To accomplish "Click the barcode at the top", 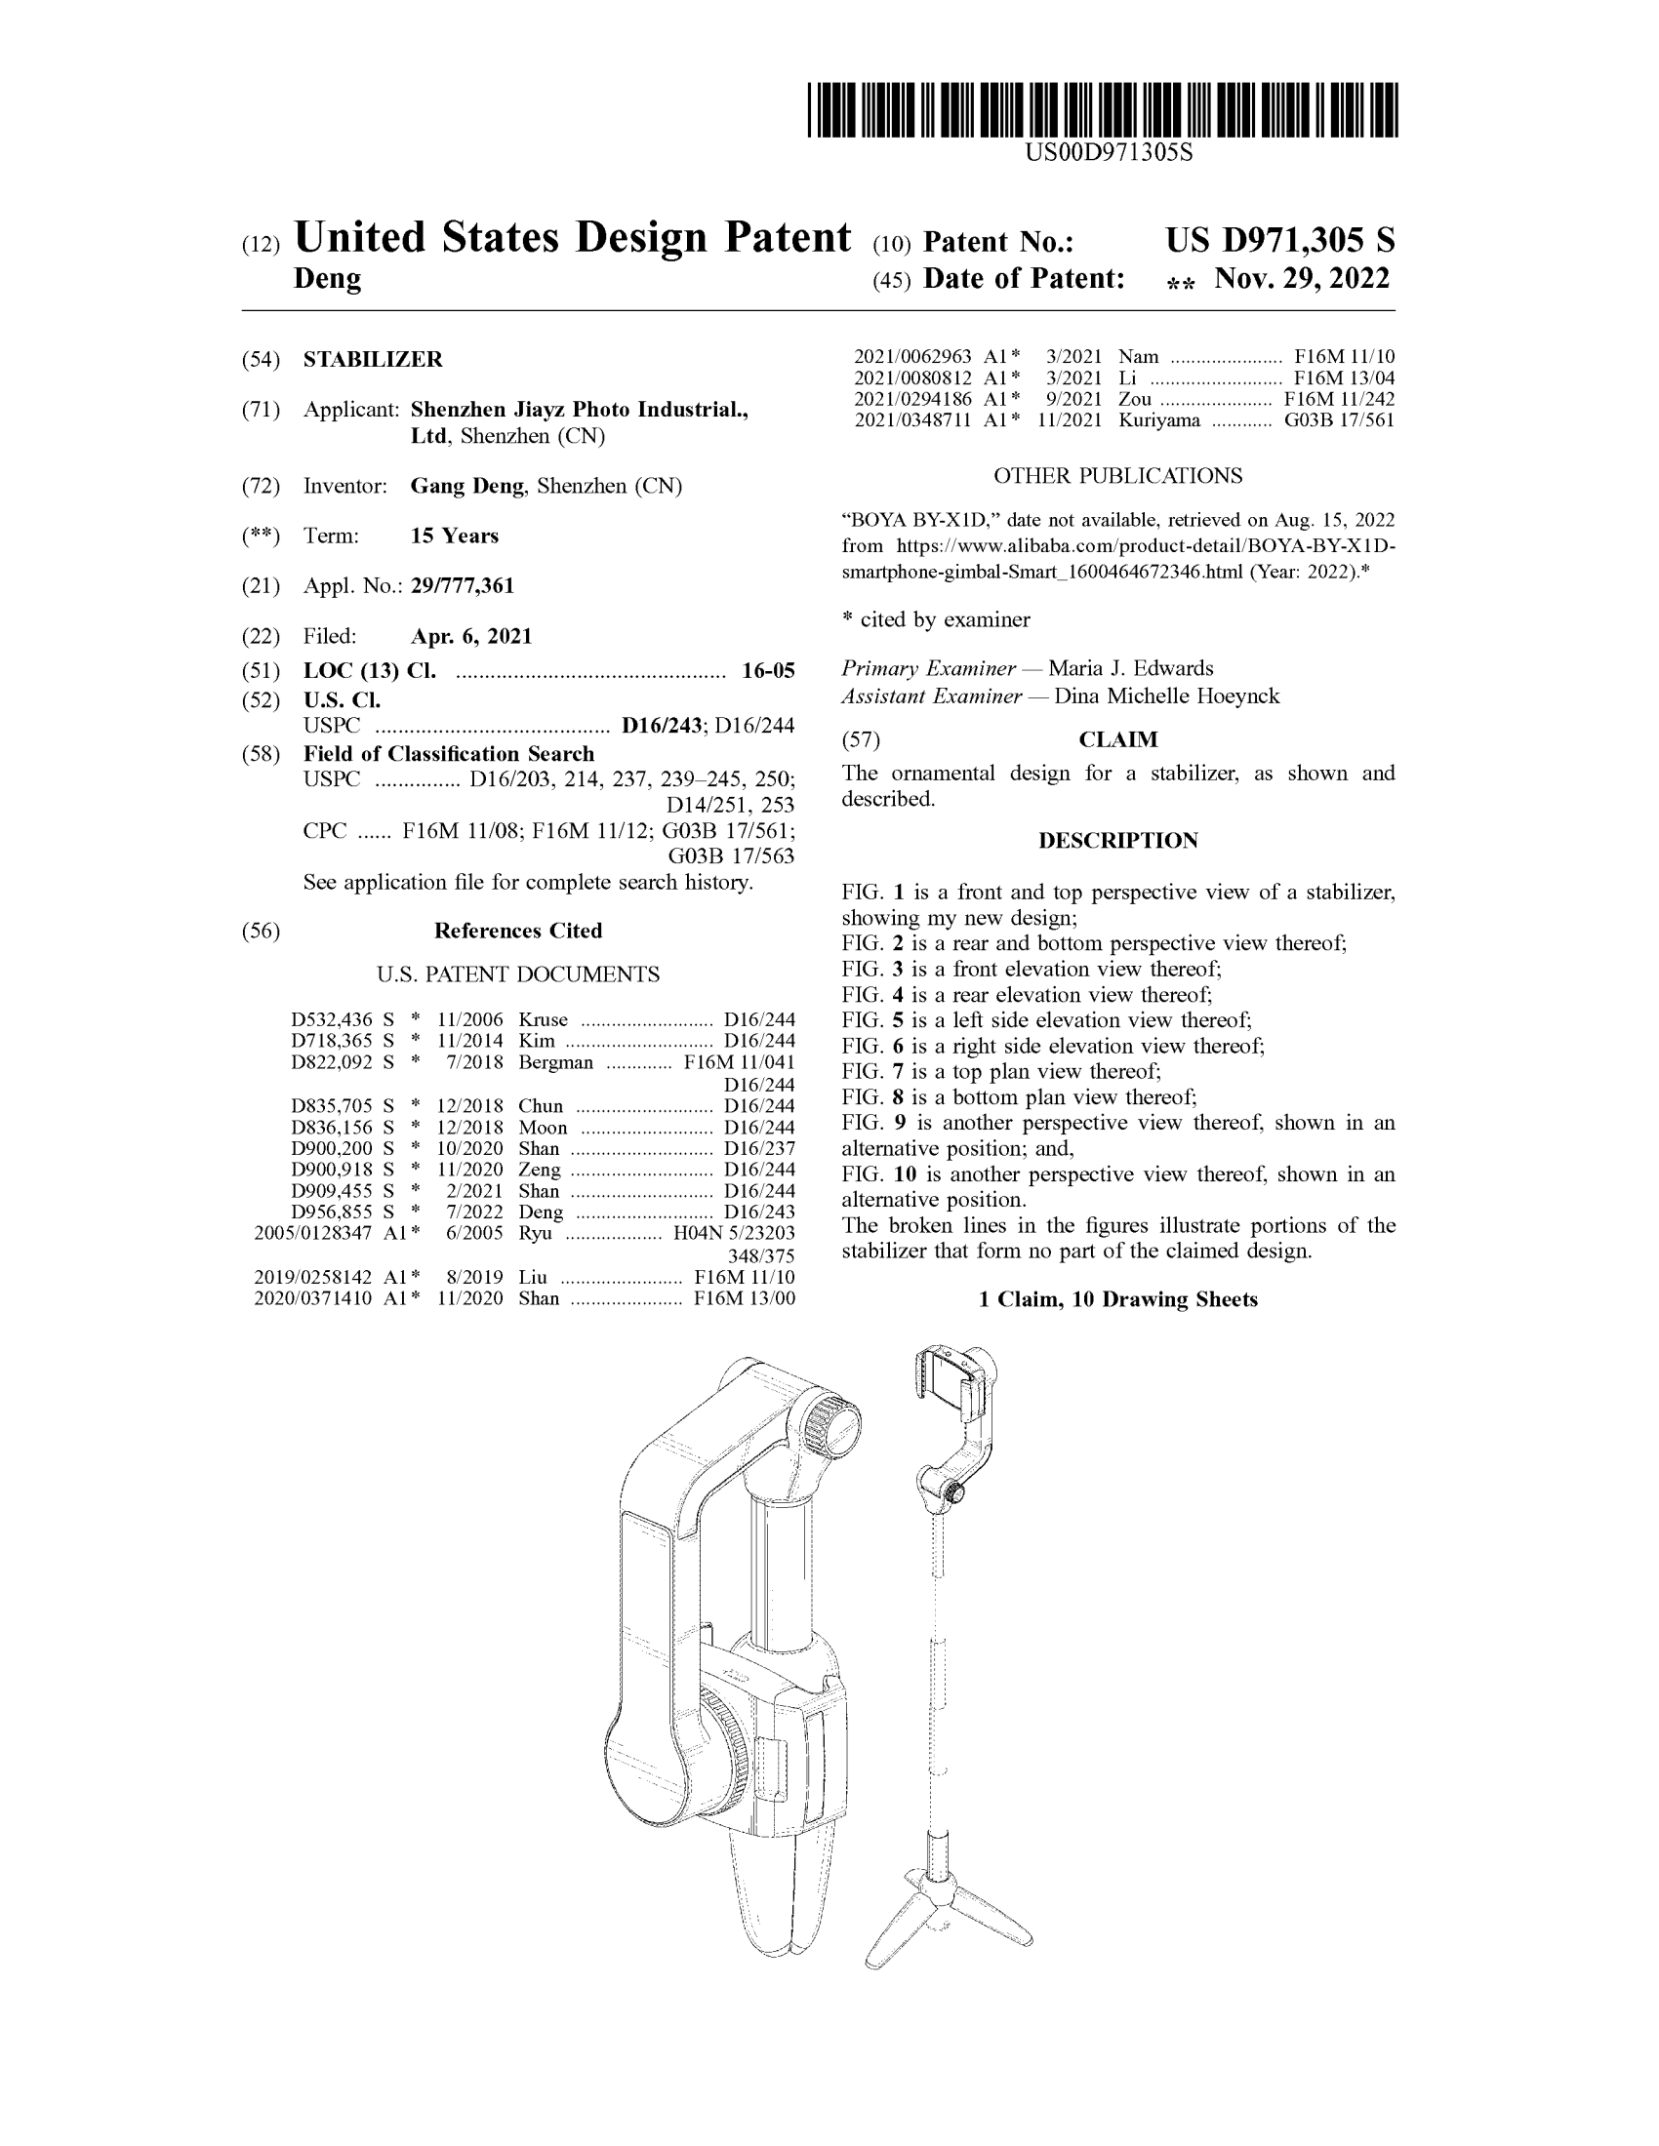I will [x=1102, y=110].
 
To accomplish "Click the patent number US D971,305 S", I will [x=1279, y=241].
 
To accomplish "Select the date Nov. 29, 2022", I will [x=1301, y=279].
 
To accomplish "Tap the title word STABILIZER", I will [x=373, y=360].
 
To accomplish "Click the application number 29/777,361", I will [x=462, y=585].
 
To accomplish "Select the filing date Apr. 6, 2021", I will [x=470, y=636].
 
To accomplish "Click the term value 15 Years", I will [x=454, y=536].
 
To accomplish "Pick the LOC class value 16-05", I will [x=768, y=671].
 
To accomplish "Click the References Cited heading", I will [x=518, y=931].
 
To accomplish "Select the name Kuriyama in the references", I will [x=1158, y=420].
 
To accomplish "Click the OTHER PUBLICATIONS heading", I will [x=1117, y=476].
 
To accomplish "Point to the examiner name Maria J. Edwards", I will [x=1130, y=668].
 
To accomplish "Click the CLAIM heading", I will [x=1118, y=740].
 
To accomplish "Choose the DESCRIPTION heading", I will [x=1117, y=841].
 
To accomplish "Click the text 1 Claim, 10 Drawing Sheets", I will [x=1117, y=1299].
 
